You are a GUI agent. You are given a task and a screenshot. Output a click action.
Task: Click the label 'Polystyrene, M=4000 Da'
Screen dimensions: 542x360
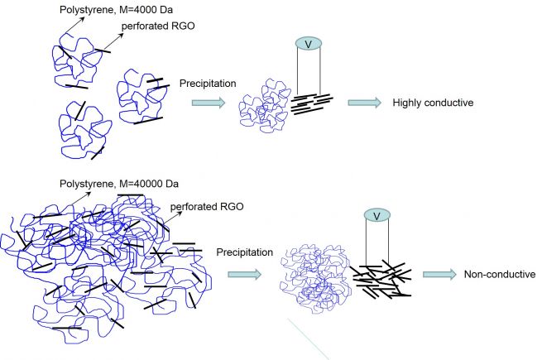116,10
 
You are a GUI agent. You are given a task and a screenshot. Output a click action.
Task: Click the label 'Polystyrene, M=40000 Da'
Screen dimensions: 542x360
119,184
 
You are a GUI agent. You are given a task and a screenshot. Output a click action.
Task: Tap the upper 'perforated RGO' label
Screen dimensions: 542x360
158,26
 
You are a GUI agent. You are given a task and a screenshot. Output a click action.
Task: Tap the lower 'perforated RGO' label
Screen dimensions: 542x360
207,206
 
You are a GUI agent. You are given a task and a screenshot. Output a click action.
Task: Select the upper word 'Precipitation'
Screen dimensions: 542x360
208,84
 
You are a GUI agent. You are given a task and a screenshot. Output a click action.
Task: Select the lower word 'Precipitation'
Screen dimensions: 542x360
245,252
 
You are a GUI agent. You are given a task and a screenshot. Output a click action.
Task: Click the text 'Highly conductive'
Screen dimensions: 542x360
433,103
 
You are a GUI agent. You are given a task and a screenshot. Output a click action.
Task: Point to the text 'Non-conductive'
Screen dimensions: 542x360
500,274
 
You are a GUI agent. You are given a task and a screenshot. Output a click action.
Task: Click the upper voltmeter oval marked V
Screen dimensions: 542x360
309,44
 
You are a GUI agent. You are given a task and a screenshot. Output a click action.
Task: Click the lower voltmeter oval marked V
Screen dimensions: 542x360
377,215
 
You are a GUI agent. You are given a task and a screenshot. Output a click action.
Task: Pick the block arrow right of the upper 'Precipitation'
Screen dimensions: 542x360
209,103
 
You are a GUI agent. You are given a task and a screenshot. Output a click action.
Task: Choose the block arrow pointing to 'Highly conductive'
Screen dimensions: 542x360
365,103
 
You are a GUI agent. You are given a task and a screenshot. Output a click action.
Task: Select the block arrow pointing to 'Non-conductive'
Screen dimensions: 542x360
439,274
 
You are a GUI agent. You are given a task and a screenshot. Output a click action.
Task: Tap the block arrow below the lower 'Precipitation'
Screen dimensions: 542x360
244,275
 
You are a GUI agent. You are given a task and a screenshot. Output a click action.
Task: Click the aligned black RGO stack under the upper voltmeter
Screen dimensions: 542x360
311,103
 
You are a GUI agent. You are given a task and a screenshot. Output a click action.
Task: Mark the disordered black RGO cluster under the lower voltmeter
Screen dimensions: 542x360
381,280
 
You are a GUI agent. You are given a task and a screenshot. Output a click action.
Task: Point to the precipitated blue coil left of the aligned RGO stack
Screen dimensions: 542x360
265,106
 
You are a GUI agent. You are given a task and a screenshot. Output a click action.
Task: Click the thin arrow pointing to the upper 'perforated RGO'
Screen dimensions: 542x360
113,41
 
